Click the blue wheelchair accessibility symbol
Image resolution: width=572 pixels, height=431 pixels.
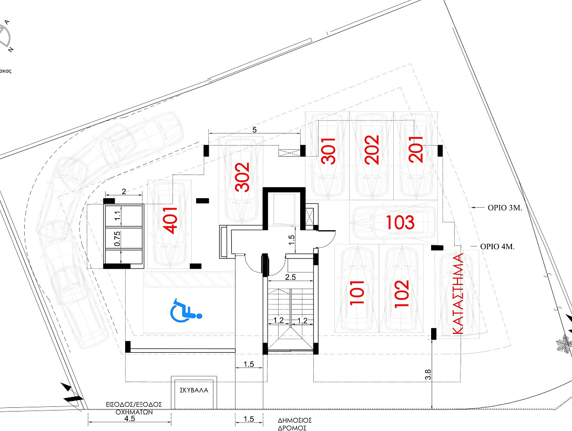[x=186, y=310]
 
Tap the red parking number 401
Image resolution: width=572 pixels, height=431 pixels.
[x=171, y=220]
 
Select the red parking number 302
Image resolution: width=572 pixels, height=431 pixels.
[x=242, y=177]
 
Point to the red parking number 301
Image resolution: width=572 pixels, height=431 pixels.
[x=328, y=151]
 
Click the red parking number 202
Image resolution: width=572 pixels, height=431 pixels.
[x=372, y=150]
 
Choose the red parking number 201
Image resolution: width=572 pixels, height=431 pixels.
[x=416, y=149]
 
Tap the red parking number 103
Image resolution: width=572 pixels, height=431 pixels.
[x=400, y=222]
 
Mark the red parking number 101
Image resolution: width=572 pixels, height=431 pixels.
[x=357, y=292]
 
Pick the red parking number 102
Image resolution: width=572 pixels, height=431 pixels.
[x=402, y=293]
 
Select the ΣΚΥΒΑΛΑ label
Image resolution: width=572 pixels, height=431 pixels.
[x=194, y=390]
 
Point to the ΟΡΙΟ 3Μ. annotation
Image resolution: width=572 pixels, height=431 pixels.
[x=505, y=208]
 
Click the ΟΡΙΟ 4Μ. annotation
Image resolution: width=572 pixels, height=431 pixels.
[x=497, y=247]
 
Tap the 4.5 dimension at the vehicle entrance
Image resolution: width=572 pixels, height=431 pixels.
[x=129, y=418]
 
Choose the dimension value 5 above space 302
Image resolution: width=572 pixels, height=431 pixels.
[x=254, y=130]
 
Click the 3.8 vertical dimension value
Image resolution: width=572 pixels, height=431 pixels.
[x=428, y=375]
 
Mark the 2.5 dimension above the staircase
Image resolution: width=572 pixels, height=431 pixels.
[x=290, y=278]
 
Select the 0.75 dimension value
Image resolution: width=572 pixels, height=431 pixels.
[x=117, y=239]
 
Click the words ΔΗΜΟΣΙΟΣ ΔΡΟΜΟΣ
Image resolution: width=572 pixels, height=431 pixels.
[x=295, y=425]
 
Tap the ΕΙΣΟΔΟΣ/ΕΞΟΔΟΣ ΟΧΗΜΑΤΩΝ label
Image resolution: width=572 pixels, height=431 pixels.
[x=134, y=408]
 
